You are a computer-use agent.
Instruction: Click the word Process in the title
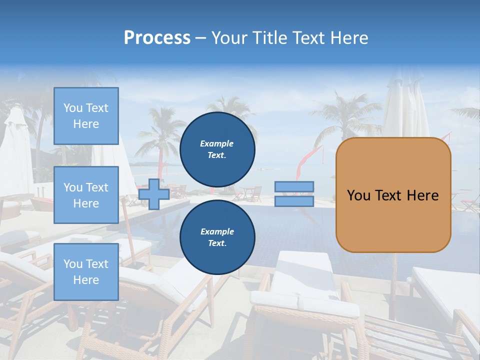click(x=157, y=38)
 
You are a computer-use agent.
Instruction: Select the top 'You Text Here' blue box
click(x=86, y=116)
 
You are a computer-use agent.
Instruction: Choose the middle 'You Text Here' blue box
click(x=86, y=195)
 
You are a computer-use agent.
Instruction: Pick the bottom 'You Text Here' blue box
click(x=86, y=271)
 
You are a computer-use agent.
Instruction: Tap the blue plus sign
click(x=154, y=194)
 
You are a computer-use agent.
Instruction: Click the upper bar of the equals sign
click(x=294, y=186)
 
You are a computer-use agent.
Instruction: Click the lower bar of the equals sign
click(x=294, y=201)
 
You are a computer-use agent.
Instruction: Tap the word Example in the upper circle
click(x=217, y=143)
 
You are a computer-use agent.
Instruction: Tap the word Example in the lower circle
click(x=217, y=231)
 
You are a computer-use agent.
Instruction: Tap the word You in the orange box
click(x=358, y=195)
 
